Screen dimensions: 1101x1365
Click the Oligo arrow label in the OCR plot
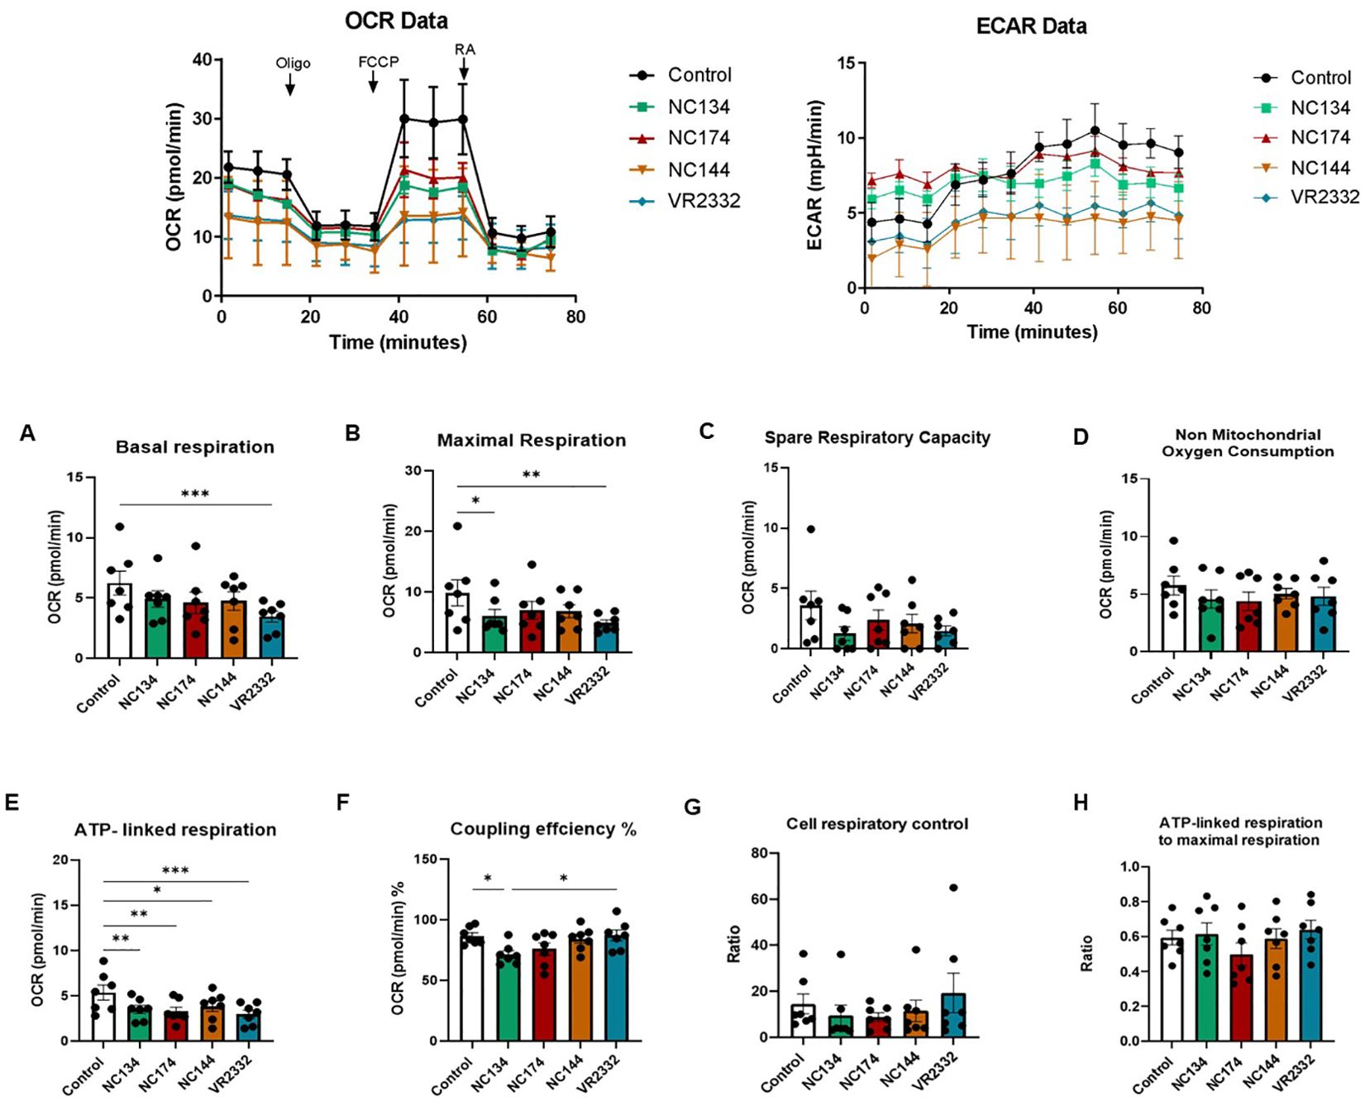point(293,63)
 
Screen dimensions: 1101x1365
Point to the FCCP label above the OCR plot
point(378,62)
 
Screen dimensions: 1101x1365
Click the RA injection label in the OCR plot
point(465,50)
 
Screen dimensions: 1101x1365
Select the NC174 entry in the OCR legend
point(699,138)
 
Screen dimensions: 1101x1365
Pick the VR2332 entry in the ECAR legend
point(1324,197)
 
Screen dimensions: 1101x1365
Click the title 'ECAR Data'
point(1031,26)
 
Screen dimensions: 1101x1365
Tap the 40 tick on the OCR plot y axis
point(202,60)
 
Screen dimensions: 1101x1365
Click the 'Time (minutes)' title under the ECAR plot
point(1032,332)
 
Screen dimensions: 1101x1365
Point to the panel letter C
point(706,431)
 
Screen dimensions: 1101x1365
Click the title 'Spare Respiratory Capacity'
point(876,438)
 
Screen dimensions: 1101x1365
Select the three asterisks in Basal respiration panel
point(195,494)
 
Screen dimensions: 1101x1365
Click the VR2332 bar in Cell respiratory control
point(953,1014)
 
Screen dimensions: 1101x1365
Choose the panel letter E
point(12,803)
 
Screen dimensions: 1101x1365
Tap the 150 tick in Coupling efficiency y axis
point(426,860)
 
